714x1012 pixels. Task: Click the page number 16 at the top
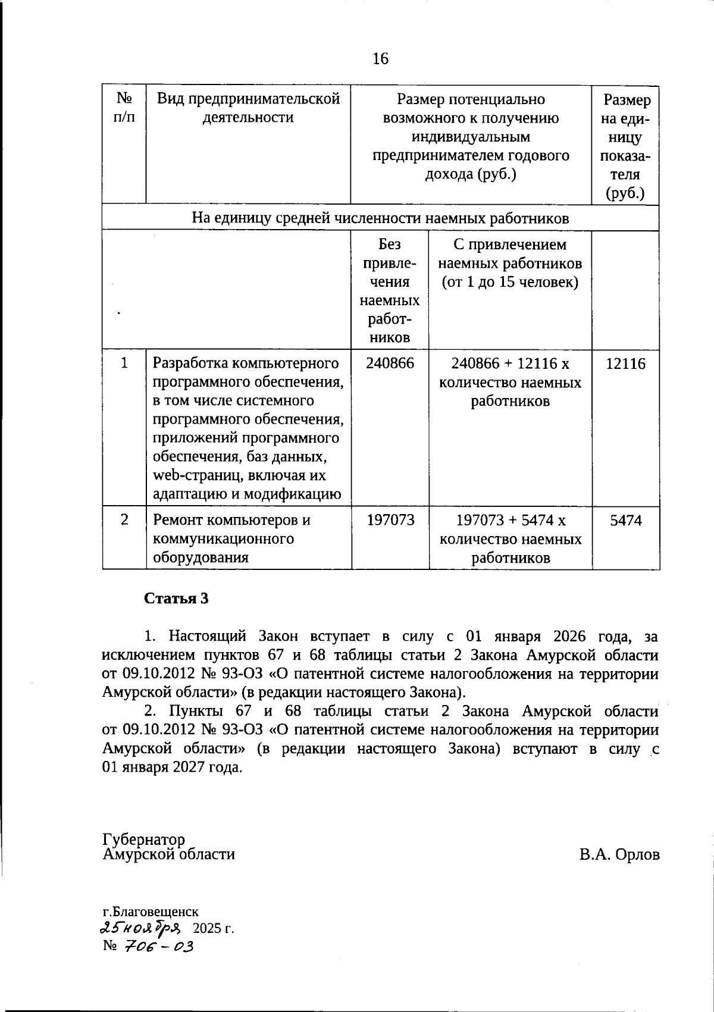point(380,58)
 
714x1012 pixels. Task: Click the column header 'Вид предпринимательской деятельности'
point(248,108)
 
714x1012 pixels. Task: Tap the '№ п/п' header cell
point(124,107)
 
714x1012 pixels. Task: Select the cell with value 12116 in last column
point(625,364)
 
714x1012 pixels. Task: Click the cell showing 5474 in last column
point(625,521)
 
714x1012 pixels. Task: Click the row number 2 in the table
point(124,519)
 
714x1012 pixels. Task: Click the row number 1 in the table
point(124,362)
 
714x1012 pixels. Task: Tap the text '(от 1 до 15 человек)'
point(510,282)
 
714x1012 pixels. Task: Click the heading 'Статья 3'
point(177,598)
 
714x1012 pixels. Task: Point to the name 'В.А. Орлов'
point(619,855)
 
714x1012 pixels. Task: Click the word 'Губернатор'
point(143,839)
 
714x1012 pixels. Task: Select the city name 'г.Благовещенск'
point(151,911)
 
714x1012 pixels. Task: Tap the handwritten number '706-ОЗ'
point(158,945)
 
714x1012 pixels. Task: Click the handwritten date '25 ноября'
point(142,928)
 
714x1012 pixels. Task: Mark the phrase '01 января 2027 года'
point(173,767)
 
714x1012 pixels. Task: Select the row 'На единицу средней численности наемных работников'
point(380,218)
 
